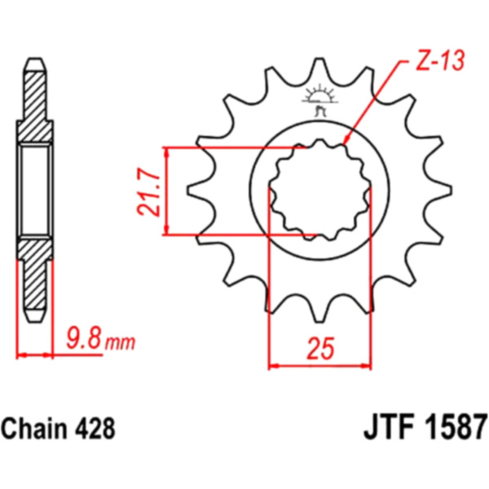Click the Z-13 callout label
point(440,60)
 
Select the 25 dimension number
point(320,348)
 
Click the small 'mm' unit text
point(120,343)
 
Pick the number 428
point(95,429)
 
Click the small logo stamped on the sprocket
point(319,100)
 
